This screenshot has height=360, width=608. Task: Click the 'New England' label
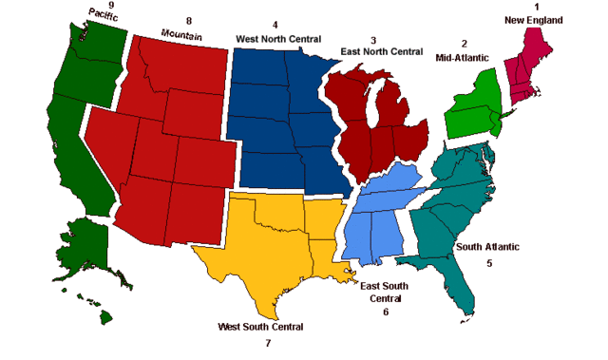[533, 20]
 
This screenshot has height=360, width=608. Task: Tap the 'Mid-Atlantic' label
[464, 58]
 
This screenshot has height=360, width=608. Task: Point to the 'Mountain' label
[181, 34]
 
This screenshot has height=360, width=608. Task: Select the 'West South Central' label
[260, 327]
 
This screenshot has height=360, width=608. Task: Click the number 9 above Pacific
[112, 5]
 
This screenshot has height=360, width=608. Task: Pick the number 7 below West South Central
[268, 343]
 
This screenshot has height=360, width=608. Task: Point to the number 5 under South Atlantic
[489, 263]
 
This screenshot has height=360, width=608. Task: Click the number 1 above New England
[537, 6]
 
